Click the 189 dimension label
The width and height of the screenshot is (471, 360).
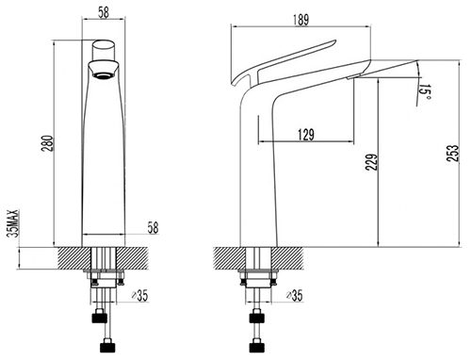tap(301, 20)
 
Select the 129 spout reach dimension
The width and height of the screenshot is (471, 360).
tap(306, 135)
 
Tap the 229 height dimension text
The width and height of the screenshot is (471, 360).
tap(371, 162)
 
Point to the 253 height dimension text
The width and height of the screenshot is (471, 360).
tap(452, 154)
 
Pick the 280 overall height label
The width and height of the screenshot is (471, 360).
tap(47, 143)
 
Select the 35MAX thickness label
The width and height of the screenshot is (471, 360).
tap(14, 223)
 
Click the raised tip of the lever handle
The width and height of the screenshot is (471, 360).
tap(334, 41)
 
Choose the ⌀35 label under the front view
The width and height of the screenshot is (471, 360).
tap(139, 296)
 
